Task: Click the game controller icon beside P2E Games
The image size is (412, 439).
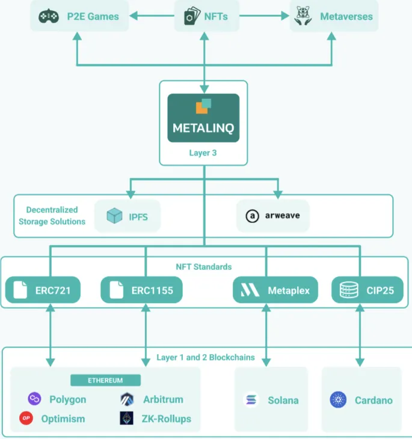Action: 49,17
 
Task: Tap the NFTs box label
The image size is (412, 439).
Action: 215,17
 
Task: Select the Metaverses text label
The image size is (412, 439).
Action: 346,17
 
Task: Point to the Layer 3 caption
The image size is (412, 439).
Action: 203,153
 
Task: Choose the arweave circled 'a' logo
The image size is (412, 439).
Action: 253,216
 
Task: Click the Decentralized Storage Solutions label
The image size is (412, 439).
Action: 52,216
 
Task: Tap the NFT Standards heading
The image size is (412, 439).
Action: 204,266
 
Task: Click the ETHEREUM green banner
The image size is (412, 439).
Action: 105,381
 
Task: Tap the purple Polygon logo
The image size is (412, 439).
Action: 34,399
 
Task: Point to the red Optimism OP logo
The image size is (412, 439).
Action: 26,419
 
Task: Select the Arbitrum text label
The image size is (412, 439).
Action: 163,399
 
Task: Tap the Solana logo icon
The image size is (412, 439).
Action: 251,400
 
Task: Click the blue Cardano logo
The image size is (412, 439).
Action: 339,400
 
